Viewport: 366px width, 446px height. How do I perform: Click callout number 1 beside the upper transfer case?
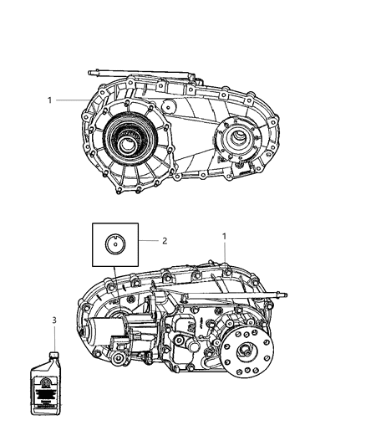[50, 100]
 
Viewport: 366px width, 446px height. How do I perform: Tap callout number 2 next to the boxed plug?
[165, 241]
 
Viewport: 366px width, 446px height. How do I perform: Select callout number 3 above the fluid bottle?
[53, 320]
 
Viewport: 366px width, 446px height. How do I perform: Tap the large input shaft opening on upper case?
[132, 141]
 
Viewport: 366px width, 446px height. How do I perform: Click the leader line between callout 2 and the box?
[146, 241]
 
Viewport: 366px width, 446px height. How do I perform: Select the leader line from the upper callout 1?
[79, 100]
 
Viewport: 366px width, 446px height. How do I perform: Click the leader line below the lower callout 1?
[224, 254]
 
